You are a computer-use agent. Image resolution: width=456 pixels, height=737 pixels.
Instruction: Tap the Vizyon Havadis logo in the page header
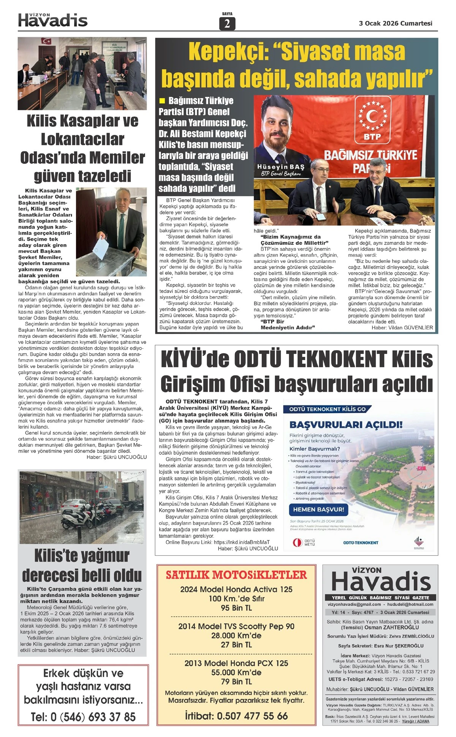53,20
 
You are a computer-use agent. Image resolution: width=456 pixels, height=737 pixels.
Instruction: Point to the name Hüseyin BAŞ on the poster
281,167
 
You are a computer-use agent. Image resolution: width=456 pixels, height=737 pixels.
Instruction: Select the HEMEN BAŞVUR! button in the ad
318,509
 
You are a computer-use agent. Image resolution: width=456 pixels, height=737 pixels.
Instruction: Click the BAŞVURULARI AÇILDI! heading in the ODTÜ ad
346,425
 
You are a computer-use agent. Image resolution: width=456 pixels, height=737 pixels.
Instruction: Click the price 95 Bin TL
236,608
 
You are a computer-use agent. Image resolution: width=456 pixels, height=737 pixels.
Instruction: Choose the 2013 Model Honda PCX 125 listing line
236,663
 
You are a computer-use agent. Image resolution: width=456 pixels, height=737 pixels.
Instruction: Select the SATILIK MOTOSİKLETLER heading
236,575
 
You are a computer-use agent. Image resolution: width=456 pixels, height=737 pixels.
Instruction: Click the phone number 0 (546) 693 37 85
83,717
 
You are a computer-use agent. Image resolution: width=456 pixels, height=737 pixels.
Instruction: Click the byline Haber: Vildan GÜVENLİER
402,327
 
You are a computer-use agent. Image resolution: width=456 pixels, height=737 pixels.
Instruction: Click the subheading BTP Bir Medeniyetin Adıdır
288,324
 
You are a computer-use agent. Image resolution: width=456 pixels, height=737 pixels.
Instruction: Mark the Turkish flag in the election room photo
46,41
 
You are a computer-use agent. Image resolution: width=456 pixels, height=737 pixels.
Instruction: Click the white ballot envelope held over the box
100,246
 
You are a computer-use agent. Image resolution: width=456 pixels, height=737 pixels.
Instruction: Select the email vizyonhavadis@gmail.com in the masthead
354,604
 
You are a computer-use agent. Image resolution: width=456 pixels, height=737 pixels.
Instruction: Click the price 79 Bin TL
236,681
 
